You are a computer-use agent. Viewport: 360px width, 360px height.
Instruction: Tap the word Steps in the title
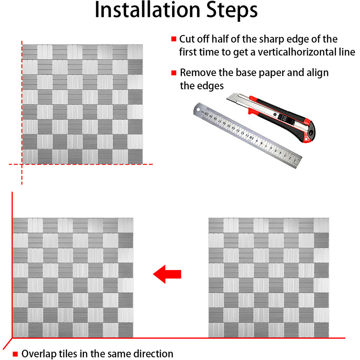232,11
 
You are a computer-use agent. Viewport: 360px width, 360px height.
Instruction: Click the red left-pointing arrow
167,274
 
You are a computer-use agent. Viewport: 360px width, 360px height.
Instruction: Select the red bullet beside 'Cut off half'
174,39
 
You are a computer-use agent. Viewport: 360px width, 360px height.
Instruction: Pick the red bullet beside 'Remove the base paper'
174,73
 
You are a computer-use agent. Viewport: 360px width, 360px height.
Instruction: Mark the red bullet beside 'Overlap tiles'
15,354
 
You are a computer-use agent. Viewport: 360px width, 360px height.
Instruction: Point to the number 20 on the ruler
207,114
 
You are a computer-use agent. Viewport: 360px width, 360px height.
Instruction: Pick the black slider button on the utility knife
283,119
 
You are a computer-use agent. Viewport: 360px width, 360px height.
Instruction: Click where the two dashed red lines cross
22,165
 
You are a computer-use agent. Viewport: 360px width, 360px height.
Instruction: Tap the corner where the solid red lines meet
12,338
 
